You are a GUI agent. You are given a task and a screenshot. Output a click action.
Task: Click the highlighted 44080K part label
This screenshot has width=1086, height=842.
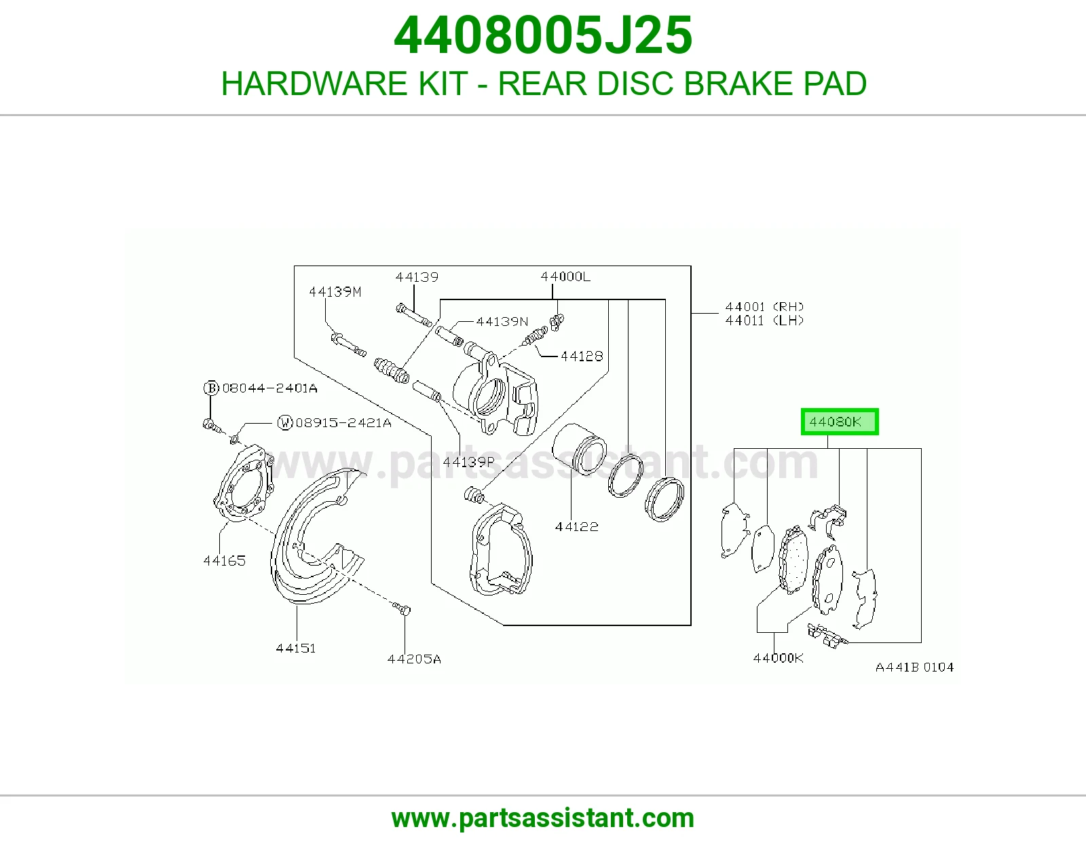(840, 422)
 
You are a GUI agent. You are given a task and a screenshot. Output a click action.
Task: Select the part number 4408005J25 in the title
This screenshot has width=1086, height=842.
(543, 35)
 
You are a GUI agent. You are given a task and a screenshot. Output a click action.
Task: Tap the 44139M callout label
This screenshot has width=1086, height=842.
(335, 292)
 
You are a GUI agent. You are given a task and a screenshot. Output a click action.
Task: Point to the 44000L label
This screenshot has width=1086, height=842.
(565, 276)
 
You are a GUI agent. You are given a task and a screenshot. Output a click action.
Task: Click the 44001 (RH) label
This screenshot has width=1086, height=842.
(764, 306)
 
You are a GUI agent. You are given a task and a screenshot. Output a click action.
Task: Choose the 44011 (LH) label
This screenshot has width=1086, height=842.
(764, 321)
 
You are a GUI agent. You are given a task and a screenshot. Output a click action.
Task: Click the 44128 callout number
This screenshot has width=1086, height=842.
(582, 356)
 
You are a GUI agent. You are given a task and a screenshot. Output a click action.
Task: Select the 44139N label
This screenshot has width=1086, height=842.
(502, 321)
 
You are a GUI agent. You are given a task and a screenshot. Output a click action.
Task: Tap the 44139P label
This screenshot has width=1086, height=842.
(468, 462)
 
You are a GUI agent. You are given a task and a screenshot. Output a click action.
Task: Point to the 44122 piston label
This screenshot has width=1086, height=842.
(577, 526)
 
